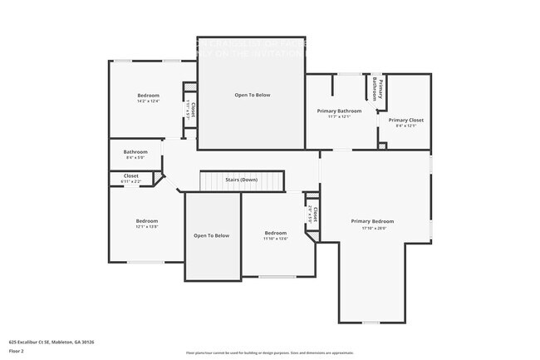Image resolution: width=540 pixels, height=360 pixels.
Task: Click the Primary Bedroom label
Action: click(x=371, y=221)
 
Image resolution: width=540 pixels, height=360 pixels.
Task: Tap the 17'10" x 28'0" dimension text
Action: click(x=371, y=228)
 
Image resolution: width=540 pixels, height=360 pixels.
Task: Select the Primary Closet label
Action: click(x=405, y=120)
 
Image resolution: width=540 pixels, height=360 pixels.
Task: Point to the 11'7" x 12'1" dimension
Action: click(x=339, y=116)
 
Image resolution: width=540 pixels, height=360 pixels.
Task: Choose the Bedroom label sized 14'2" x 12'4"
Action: click(x=148, y=96)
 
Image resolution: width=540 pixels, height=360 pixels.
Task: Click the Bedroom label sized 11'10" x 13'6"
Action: click(x=275, y=233)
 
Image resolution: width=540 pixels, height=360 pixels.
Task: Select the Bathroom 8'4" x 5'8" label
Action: click(x=135, y=152)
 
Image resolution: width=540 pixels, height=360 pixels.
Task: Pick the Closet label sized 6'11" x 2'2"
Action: click(x=131, y=175)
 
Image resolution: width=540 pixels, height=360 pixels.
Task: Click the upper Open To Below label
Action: click(x=252, y=95)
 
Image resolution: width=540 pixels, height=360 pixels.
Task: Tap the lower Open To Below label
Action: click(x=211, y=235)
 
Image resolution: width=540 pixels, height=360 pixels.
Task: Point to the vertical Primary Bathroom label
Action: click(x=376, y=89)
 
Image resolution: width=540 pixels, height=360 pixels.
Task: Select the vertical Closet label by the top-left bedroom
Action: click(x=191, y=110)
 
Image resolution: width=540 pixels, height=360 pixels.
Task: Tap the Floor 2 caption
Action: click(x=17, y=350)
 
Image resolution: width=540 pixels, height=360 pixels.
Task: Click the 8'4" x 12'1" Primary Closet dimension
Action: click(x=405, y=126)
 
